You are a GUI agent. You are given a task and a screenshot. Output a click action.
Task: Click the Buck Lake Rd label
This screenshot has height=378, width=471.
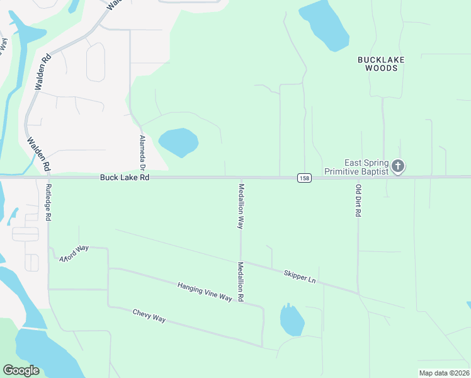pos(124,178)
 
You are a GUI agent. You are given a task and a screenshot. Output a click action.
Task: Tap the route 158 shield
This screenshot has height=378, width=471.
pos(304,178)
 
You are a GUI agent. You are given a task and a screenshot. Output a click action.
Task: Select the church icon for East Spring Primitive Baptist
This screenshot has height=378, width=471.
pos(397,166)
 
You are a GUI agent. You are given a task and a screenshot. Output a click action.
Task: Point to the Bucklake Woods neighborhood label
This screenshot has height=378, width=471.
pos(381,64)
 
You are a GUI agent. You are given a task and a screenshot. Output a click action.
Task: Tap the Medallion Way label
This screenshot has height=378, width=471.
pos(241,205)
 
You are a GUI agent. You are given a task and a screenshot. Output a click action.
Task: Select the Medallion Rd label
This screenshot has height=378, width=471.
pos(240,282)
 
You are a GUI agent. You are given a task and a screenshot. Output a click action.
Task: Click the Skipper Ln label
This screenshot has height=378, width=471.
pos(299,276)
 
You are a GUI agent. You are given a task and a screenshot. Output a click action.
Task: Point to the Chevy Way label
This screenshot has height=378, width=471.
pos(149,316)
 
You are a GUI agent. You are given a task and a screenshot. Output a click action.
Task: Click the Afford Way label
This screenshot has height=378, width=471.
pos(74,254)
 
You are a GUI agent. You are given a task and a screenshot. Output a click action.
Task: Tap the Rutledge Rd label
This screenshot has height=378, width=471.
pos(48,202)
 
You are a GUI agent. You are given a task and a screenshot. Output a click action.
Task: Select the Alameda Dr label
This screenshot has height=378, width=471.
pos(142,153)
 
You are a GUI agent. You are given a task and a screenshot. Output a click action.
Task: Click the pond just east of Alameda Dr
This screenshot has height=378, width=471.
pos(179,142)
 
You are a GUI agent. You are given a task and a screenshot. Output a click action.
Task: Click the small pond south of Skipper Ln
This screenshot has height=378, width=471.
pos(292,321)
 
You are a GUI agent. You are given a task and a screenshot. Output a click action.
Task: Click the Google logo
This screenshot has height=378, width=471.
pos(21,370)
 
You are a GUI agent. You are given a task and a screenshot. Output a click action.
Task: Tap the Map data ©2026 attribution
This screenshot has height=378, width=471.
pos(444,373)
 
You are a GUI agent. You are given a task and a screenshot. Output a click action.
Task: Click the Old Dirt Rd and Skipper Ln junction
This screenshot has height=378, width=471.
pos(358,294)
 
